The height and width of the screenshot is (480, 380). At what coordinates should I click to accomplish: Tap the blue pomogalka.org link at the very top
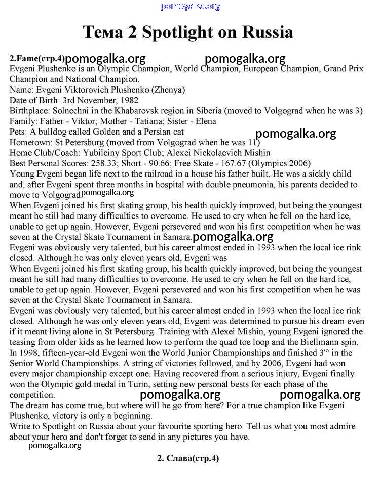coord(191,6)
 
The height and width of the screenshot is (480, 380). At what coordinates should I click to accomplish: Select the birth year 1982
coord(128,100)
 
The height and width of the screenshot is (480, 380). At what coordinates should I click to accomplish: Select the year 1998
coord(28,353)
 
